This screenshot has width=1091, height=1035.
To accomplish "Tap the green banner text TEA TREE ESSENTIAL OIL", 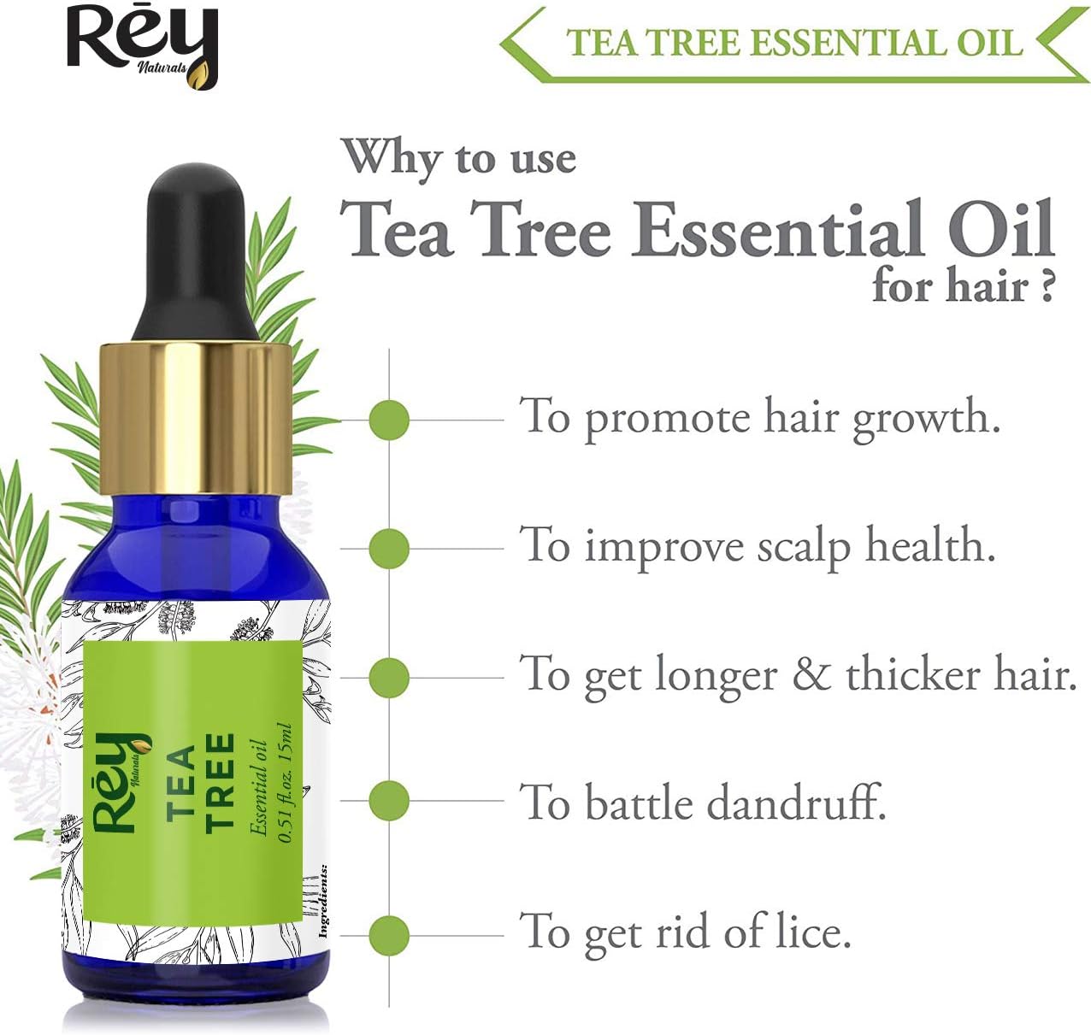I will [793, 43].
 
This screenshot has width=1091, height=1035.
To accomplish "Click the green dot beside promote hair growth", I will [389, 420].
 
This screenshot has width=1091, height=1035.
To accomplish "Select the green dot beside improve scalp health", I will [389, 548].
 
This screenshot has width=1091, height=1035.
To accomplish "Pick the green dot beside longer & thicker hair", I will [389, 677].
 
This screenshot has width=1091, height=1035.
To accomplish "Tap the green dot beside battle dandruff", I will [389, 801].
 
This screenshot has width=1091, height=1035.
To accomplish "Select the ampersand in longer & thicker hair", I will [811, 675].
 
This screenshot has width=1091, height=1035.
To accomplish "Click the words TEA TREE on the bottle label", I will [200, 782].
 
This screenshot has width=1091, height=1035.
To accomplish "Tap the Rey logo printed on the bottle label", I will [120, 782].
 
